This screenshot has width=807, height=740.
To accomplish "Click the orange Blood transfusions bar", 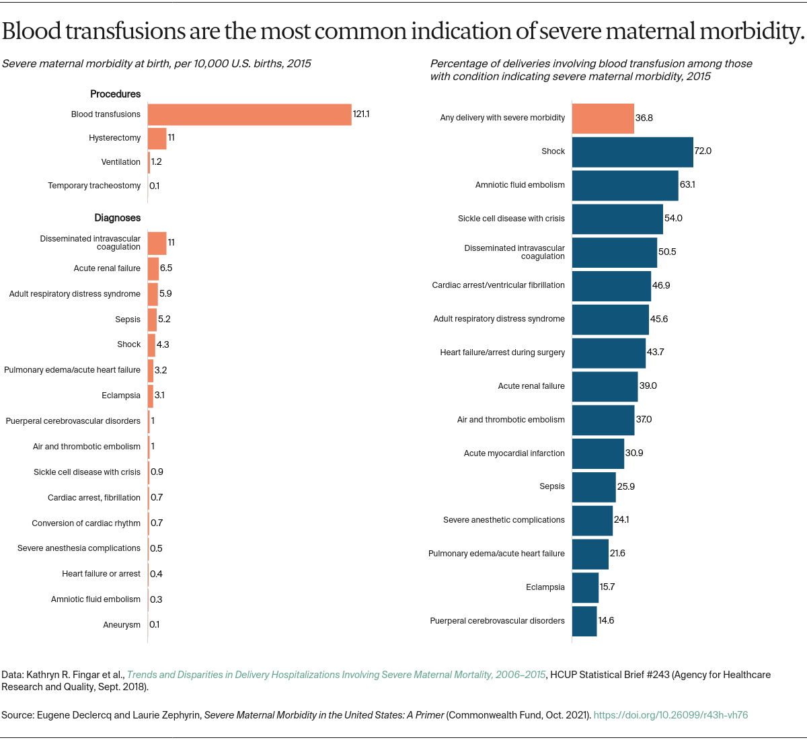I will point(249,114).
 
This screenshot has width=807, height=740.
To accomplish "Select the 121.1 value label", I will point(361,114).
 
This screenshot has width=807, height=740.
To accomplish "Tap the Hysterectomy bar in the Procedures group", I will point(157,139).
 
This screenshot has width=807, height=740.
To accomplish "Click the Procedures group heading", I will point(116,94).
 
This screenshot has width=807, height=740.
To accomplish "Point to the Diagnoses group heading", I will point(118,218).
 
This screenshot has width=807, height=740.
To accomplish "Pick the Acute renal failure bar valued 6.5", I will point(153,268).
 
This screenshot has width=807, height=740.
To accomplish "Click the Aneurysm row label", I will point(122,625).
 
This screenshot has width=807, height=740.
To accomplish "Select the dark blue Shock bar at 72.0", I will point(632,151).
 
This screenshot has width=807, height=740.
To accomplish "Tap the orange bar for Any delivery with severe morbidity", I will point(603,118).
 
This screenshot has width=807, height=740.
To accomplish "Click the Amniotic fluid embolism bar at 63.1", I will point(625,185).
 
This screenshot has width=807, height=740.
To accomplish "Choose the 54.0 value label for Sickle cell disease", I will point(673,219).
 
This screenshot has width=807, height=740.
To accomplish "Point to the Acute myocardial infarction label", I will point(514,453).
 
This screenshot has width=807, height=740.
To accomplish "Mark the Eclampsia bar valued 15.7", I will point(585,587).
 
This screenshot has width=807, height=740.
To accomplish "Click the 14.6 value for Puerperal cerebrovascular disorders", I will point(606,621).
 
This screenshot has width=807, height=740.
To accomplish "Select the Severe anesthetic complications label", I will point(504,520).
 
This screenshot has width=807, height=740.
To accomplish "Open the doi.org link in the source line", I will point(670,715).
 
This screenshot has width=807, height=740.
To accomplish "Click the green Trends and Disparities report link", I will point(336,675).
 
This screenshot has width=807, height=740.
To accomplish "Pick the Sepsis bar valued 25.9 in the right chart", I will point(594,487).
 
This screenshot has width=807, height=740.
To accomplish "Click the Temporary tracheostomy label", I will point(94,186).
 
